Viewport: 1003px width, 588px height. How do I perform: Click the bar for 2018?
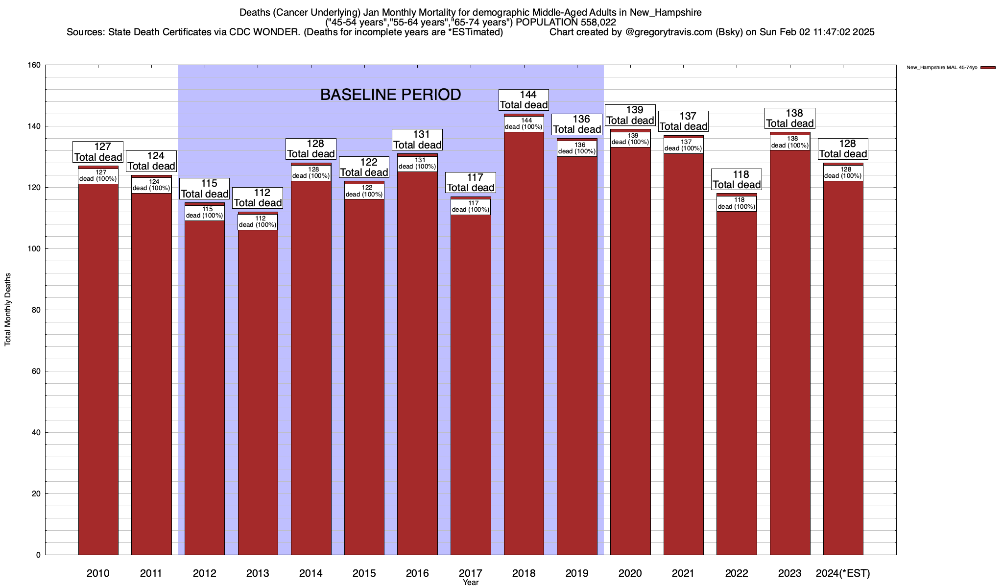(x=524, y=343)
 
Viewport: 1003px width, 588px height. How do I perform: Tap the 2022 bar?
(x=737, y=382)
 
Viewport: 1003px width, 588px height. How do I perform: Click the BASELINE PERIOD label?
(x=390, y=95)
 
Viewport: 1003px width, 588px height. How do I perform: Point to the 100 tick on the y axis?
(x=37, y=249)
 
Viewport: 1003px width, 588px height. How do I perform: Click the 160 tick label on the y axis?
(x=37, y=65)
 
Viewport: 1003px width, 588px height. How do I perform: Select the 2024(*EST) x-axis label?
(x=843, y=573)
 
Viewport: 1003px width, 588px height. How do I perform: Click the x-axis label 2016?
(x=417, y=573)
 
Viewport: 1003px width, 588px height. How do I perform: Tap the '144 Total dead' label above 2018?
(x=524, y=100)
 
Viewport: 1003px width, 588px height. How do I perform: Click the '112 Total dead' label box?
(x=258, y=198)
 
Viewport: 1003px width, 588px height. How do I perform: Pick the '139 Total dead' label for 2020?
(x=630, y=115)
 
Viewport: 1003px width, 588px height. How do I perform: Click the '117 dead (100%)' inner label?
(x=471, y=207)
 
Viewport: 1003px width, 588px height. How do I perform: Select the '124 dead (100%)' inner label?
(x=151, y=185)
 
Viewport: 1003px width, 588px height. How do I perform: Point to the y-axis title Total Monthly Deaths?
(x=8, y=310)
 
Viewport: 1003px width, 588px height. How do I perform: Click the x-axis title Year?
(x=471, y=583)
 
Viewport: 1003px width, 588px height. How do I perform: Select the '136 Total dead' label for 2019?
(x=577, y=124)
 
